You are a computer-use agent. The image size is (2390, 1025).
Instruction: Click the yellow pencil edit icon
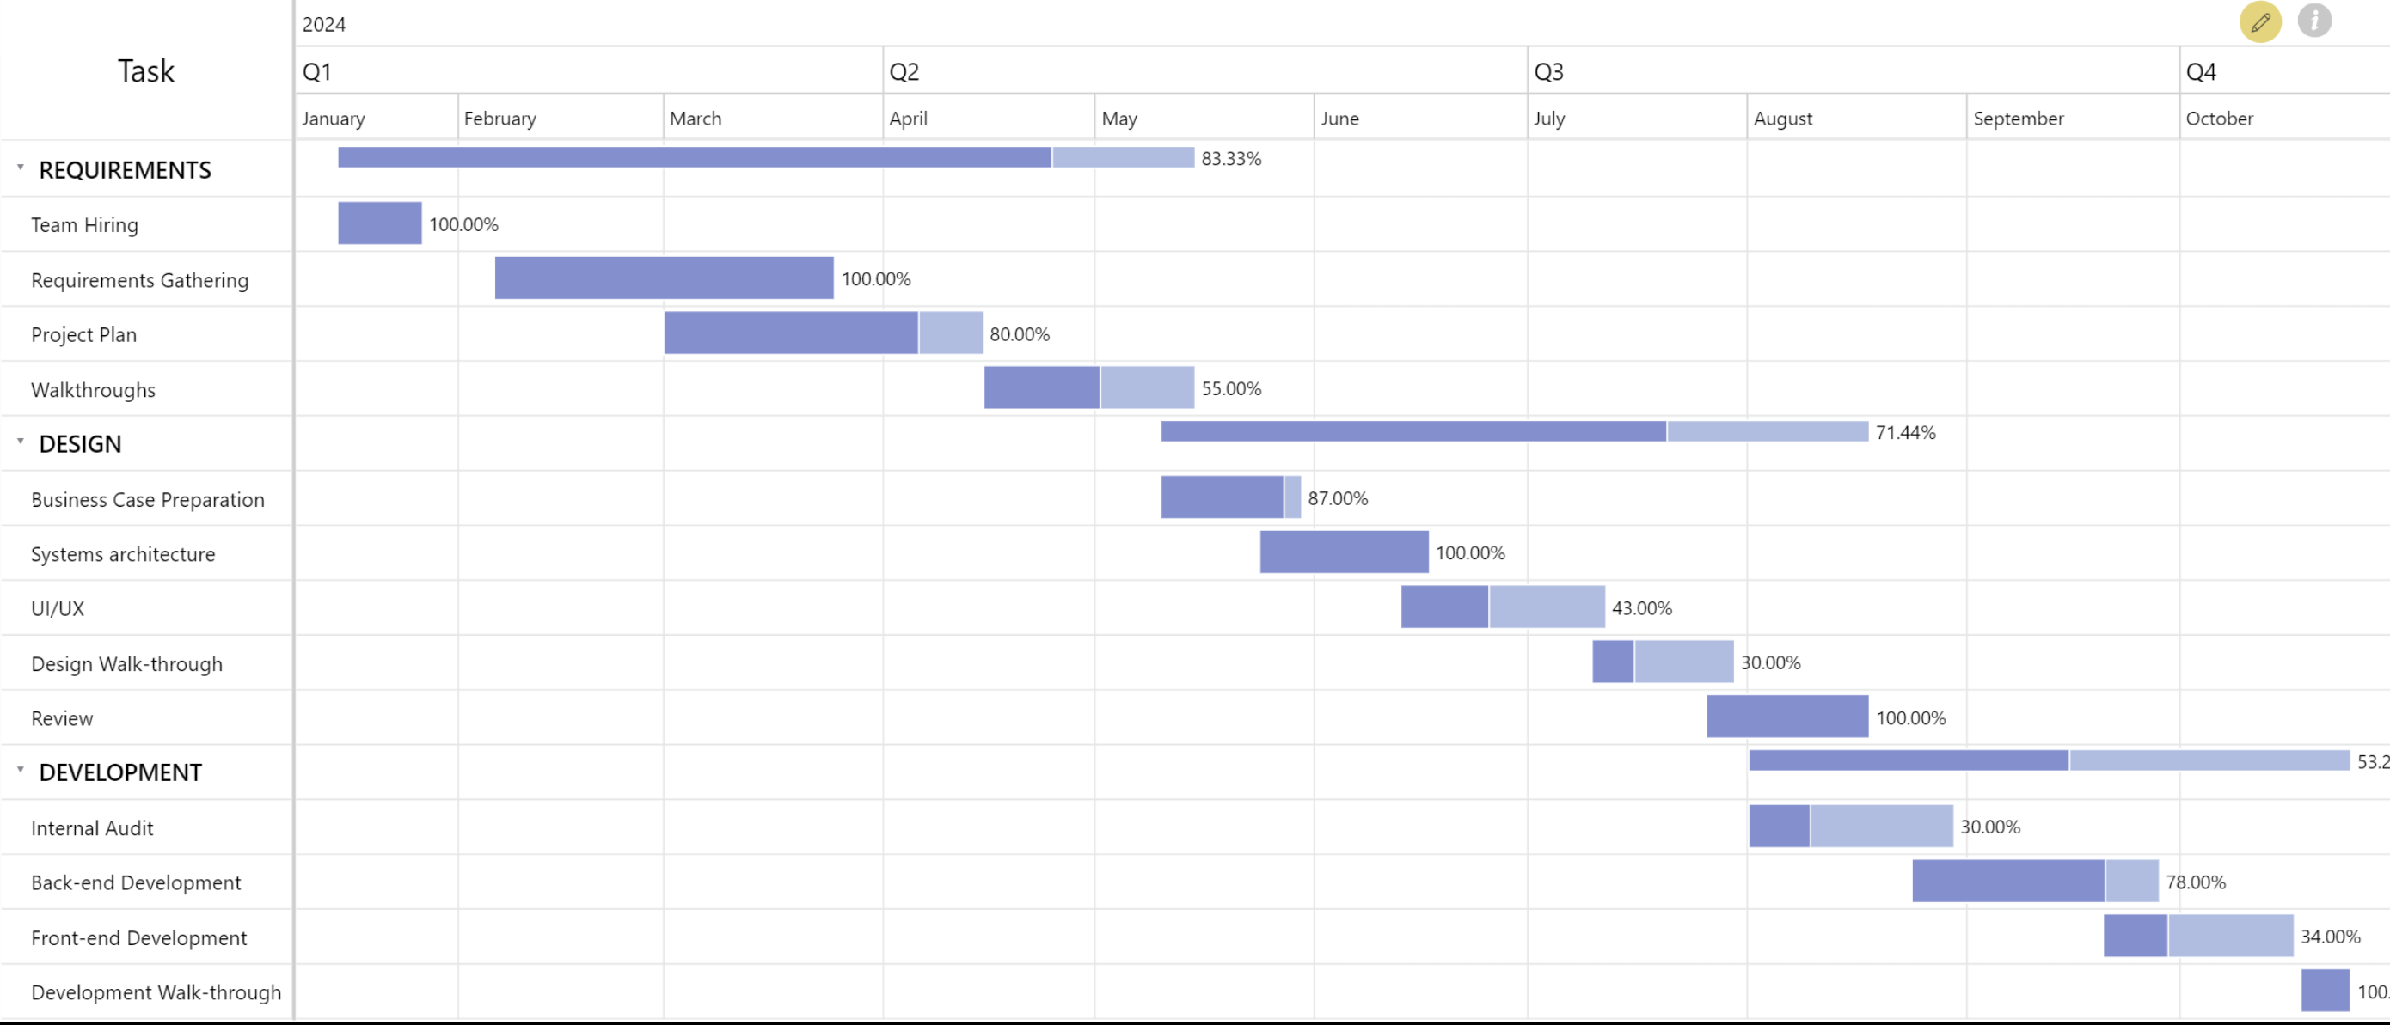(2260, 21)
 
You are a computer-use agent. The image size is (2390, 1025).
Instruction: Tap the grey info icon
(2314, 21)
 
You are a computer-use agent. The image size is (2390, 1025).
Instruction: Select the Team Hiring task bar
(379, 223)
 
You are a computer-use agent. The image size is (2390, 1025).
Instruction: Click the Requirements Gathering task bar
(664, 278)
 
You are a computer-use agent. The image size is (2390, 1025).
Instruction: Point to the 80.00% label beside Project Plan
(1019, 334)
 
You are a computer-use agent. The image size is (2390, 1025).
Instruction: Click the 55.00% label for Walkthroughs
(1230, 388)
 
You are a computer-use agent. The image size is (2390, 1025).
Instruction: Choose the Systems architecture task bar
(1344, 552)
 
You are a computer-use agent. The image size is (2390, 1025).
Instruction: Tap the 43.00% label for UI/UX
(1641, 608)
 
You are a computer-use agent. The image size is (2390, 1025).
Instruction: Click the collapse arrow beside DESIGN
(21, 442)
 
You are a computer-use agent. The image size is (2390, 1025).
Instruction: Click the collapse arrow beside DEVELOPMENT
(21, 770)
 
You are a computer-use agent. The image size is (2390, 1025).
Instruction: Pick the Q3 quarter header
(1548, 72)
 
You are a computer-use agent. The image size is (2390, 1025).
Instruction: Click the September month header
(2018, 119)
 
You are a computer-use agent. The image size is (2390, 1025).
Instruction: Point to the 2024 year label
(324, 25)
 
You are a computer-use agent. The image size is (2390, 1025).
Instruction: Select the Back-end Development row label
(136, 883)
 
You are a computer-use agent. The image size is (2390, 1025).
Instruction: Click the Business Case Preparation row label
(148, 500)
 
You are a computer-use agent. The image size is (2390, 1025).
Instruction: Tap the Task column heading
(145, 71)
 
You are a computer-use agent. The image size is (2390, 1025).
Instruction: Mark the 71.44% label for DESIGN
(1905, 433)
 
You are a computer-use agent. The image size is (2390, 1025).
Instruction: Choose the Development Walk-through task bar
(2324, 991)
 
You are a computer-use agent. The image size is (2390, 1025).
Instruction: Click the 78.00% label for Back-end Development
(2195, 882)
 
